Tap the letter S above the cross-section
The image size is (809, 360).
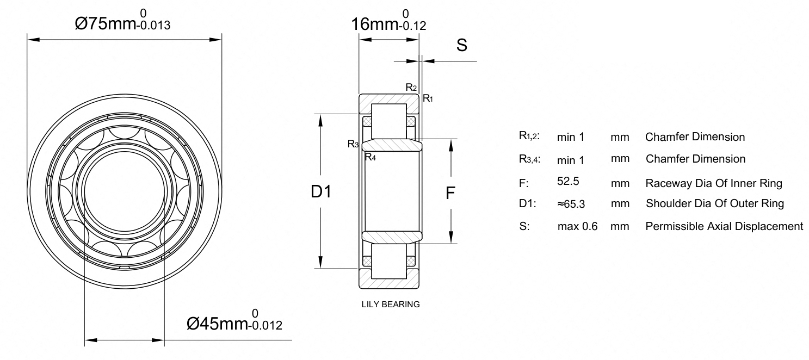click(462, 45)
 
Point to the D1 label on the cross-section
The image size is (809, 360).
click(321, 191)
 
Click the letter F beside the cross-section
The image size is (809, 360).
click(450, 193)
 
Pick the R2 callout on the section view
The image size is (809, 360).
click(411, 87)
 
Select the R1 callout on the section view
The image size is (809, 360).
click(428, 98)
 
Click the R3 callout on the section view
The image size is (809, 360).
click(353, 144)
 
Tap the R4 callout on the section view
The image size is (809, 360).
click(370, 157)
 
